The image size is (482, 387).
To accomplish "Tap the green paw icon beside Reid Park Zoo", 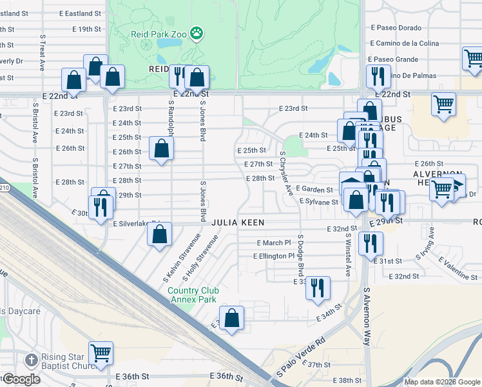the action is pos(197,32).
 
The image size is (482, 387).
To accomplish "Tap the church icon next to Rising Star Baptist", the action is pos(30,360).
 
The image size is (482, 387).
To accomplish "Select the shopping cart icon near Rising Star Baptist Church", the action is pos(101,353).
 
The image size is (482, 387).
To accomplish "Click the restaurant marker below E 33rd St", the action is pos(318,288).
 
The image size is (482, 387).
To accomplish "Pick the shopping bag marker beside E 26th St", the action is pos(160,149).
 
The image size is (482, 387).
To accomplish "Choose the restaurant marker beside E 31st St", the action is pos(371,244).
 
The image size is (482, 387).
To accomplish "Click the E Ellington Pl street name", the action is pos(278,256).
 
